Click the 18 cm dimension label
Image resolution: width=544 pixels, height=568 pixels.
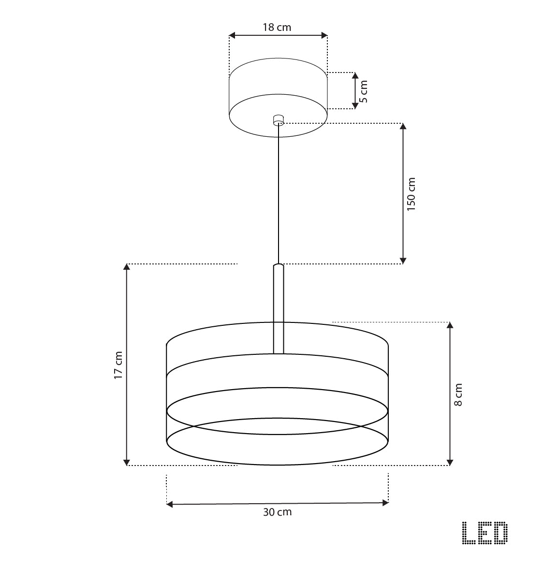point(277,28)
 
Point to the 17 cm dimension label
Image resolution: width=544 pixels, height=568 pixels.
point(118,365)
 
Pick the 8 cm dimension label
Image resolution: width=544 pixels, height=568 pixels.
point(458,394)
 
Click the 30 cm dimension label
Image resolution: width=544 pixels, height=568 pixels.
point(277,512)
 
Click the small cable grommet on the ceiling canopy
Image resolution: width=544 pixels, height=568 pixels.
point(278,119)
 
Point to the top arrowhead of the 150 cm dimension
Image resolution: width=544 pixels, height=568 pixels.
point(403,127)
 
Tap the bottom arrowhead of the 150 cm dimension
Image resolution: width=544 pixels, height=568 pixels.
point(403,261)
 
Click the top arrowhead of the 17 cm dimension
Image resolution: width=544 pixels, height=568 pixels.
point(127,267)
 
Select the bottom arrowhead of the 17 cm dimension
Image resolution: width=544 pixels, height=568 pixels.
point(127,462)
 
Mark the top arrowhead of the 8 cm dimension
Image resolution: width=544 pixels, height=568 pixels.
point(450,325)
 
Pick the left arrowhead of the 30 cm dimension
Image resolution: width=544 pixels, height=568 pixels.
point(170,504)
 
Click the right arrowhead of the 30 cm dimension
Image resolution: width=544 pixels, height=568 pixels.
point(385,503)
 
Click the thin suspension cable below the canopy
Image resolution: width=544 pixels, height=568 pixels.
point(278,193)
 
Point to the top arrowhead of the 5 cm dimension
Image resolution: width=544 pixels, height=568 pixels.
point(355,76)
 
